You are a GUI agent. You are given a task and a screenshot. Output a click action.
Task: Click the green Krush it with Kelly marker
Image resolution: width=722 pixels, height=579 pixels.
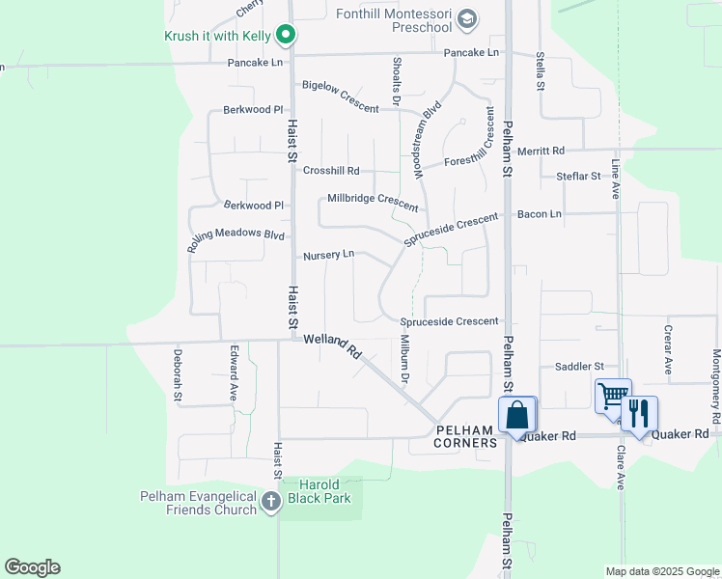[x=286, y=37]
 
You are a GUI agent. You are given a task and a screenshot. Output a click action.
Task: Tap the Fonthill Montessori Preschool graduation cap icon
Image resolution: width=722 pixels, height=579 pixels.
[x=467, y=19]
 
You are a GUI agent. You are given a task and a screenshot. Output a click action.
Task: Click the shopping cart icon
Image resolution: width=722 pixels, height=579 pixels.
[x=612, y=396]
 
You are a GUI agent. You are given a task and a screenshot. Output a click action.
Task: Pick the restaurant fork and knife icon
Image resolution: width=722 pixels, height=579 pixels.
[x=638, y=413]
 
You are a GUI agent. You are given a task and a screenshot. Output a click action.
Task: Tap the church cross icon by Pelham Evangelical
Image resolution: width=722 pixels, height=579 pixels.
[x=270, y=501]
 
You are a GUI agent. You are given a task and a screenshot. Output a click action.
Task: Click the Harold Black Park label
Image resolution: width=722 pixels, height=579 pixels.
[x=312, y=491]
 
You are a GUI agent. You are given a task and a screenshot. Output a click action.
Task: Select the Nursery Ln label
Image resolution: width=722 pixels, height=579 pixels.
[x=328, y=255]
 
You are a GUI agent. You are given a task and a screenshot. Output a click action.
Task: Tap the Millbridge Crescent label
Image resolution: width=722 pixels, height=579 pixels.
[x=373, y=202]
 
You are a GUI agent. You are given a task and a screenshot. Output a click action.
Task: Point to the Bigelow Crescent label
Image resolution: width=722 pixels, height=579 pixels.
[x=340, y=96]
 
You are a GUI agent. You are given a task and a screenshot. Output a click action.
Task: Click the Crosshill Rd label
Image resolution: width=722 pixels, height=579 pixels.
[x=331, y=171]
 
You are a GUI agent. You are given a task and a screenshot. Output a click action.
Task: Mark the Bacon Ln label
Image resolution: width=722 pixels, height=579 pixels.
[x=539, y=213]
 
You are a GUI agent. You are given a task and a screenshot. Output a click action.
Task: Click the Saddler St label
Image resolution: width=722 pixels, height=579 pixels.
[x=578, y=367]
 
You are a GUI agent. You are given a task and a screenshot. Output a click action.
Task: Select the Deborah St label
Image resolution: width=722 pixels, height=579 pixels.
[x=178, y=375]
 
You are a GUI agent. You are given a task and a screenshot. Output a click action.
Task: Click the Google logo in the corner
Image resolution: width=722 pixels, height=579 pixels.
[x=32, y=566]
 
